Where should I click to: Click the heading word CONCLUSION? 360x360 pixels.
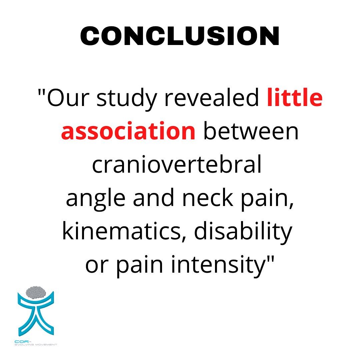180,36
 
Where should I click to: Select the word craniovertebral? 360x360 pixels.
177,164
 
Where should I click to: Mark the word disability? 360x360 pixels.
243,232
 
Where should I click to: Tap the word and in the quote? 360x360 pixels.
154,197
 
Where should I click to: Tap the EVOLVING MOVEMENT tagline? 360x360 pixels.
36,344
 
